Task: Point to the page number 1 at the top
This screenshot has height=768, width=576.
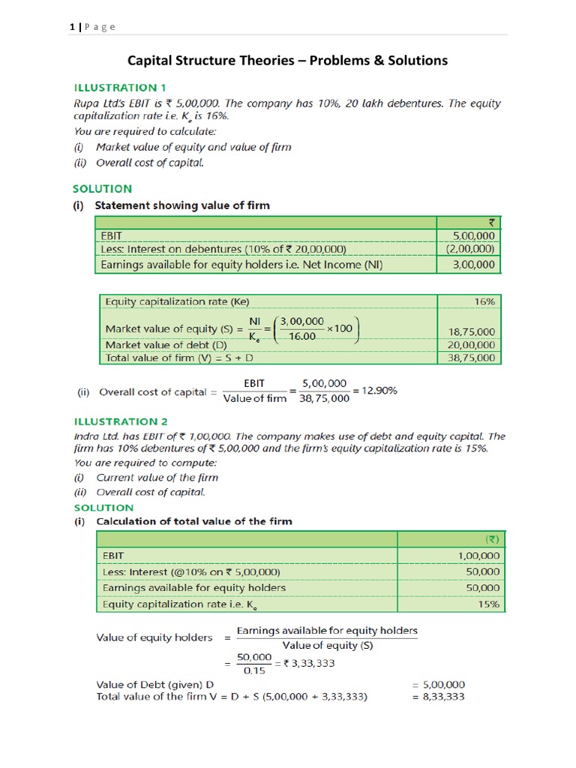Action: point(71,27)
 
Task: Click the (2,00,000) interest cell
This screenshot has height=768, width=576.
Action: point(470,249)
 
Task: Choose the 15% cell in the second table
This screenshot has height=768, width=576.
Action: point(487,604)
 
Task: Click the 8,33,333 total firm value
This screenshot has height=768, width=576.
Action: point(444,697)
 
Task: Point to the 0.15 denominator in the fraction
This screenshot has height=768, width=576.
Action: point(254,670)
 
